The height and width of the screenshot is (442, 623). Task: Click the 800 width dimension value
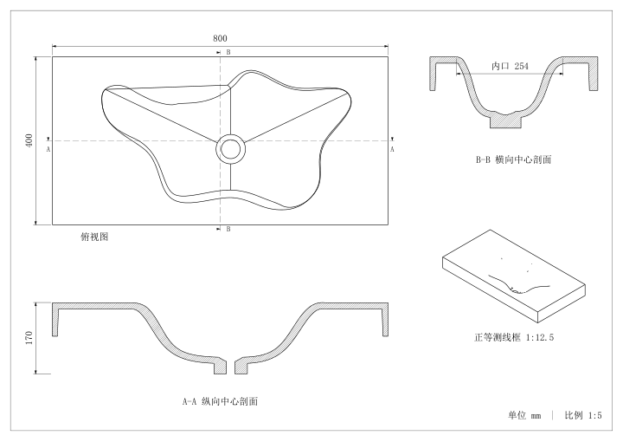point(220,38)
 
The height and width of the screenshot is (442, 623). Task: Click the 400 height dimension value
point(29,141)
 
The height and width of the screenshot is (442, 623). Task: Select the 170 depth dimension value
point(29,338)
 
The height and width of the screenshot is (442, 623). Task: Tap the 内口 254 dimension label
point(511,66)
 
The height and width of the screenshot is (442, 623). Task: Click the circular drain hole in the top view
point(230,149)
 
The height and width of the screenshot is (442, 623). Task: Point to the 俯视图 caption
point(94,237)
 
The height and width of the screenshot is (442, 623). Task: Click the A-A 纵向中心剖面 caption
point(220,401)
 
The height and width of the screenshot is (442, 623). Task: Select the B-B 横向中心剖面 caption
point(514,160)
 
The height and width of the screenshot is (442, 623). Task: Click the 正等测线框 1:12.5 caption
point(514,338)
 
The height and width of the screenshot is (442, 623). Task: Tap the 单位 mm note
point(524,415)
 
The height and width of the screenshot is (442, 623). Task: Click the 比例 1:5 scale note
point(583,415)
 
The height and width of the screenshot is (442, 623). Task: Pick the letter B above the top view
point(228,52)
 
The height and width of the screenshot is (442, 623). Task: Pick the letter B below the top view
point(228,229)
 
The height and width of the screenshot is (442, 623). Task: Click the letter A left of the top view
point(48,150)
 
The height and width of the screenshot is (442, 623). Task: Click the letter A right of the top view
point(392,150)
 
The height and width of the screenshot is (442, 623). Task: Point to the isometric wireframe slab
point(514,276)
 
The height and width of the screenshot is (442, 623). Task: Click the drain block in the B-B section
point(505,120)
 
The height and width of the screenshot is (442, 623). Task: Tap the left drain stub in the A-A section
point(220,367)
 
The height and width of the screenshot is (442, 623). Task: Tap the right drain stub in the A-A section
point(241,367)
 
